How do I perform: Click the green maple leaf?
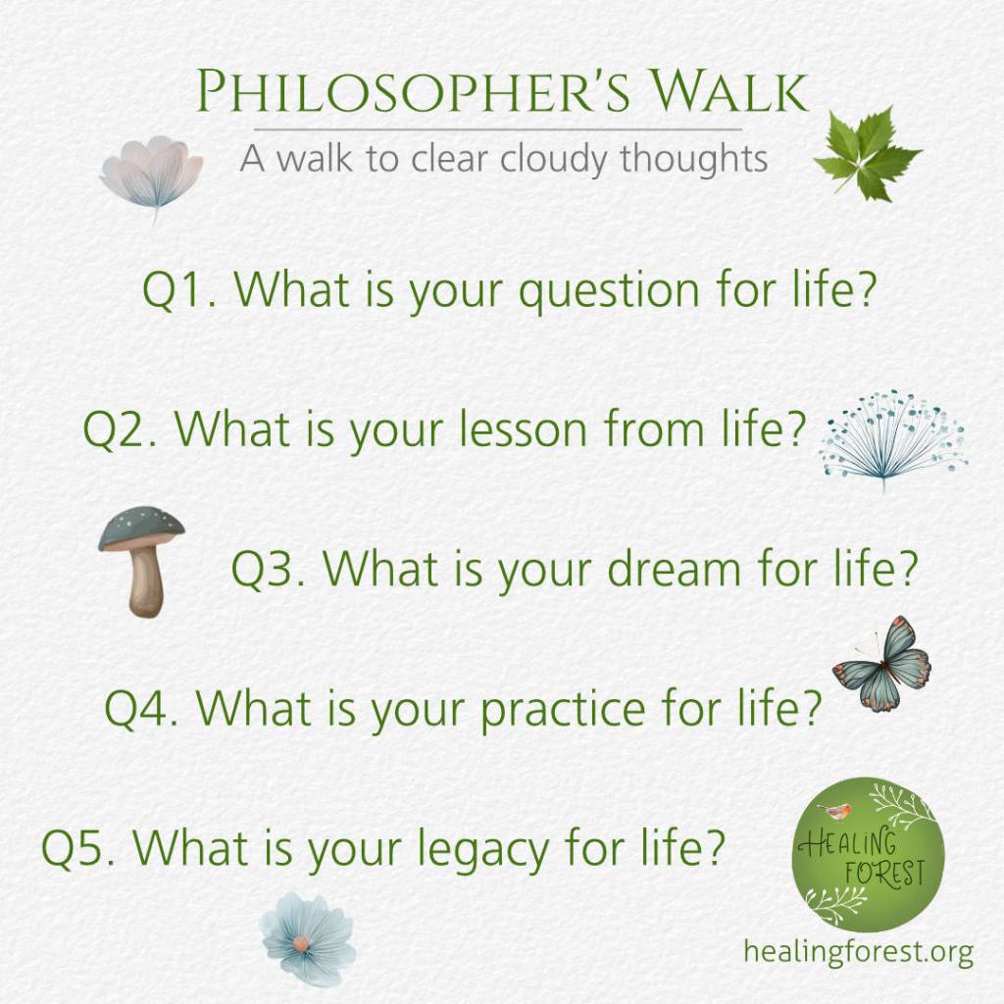[866, 154]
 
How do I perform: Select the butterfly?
[883, 665]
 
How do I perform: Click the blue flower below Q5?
[307, 939]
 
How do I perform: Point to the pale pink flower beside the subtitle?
[152, 173]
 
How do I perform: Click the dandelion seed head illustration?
[891, 438]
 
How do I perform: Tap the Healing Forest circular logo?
[868, 854]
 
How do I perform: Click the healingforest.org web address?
[858, 950]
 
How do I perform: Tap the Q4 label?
[142, 707]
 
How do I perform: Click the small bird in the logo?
[834, 810]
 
